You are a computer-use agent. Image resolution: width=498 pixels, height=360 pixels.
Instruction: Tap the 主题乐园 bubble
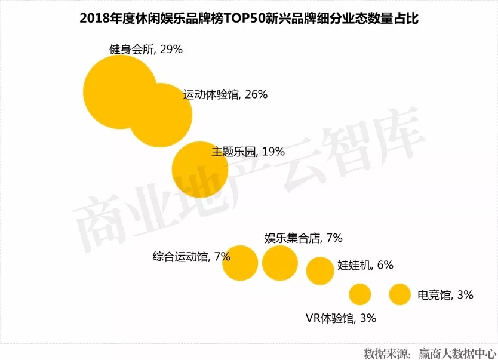click(x=201, y=169)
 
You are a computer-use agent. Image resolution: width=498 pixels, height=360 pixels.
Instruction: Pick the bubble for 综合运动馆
click(x=240, y=263)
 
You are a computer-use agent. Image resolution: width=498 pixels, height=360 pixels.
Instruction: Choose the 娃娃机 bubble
click(x=320, y=270)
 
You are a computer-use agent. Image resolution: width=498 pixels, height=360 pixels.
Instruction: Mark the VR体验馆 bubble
click(x=359, y=294)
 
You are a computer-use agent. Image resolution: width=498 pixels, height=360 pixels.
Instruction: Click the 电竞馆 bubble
click(x=399, y=294)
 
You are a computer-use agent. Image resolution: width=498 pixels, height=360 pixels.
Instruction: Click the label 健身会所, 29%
click(x=146, y=50)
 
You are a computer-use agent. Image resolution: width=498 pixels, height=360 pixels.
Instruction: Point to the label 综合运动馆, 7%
click(x=191, y=257)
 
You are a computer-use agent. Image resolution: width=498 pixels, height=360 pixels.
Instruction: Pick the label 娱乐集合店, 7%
click(x=303, y=238)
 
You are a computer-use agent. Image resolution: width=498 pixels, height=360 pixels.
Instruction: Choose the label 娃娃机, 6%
click(x=365, y=265)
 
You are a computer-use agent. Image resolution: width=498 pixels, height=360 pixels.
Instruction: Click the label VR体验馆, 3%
click(x=340, y=318)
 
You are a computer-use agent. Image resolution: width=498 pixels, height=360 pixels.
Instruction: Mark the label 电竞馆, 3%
click(x=445, y=294)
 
